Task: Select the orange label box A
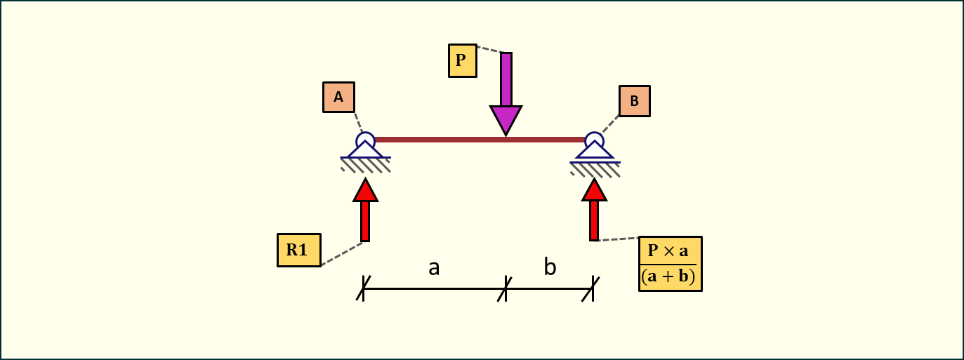point(338,98)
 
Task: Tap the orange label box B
point(634,101)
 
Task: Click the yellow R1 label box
point(298,250)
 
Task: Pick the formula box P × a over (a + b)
point(670,264)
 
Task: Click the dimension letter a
point(434,267)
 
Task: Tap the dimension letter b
point(550,267)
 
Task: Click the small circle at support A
point(365,140)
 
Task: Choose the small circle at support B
point(594,140)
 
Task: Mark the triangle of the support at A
point(365,150)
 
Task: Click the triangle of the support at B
point(594,152)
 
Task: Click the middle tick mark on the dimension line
point(505,288)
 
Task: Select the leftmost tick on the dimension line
point(363,288)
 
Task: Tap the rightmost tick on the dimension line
point(593,288)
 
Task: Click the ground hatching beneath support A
point(366,165)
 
